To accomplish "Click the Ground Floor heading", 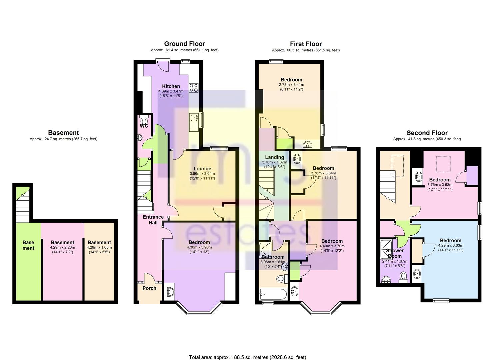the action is point(185,44).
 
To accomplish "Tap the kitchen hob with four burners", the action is point(194,88).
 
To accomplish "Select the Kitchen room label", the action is point(171,86).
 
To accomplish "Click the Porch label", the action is point(149,288).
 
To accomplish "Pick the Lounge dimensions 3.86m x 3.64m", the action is point(202,174).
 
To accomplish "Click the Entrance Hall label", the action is point(153,220).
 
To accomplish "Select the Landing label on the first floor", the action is point(274,157).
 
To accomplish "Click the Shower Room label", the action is point(395,253).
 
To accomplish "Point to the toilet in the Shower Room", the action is point(404,277).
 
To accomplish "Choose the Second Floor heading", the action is point(427,133).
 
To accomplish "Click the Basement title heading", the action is point(63,133).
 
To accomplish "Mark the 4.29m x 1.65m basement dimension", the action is point(99,247).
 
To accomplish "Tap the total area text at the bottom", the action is point(247,351).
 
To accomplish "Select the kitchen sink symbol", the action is point(194,122).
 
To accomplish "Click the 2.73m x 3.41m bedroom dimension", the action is point(291,85).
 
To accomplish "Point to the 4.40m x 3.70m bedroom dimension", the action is point(332,246).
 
